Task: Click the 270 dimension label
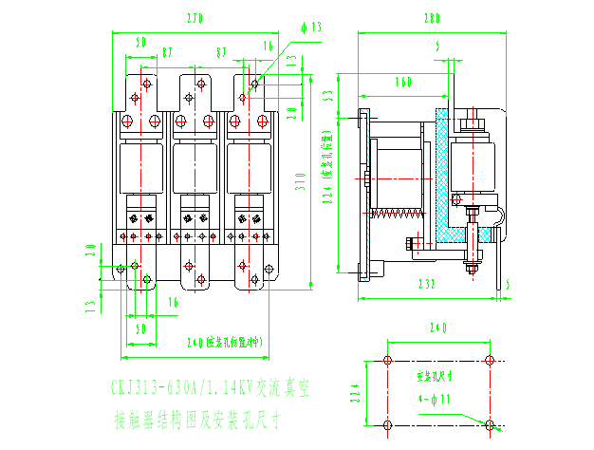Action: click(195, 18)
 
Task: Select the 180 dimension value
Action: click(432, 18)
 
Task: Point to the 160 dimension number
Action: click(403, 84)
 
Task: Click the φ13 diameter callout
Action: click(310, 28)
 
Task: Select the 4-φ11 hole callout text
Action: click(436, 399)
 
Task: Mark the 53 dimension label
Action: click(326, 95)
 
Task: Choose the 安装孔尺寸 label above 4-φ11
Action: click(436, 376)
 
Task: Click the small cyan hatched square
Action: click(484, 234)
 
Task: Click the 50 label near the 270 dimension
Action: click(140, 43)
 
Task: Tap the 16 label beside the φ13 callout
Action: click(269, 45)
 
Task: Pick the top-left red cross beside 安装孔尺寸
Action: click(387, 361)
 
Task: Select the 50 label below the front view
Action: click(140, 328)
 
